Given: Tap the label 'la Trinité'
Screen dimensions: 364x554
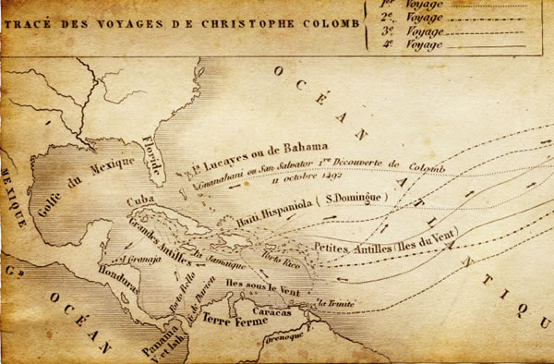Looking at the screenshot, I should click(335, 302).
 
